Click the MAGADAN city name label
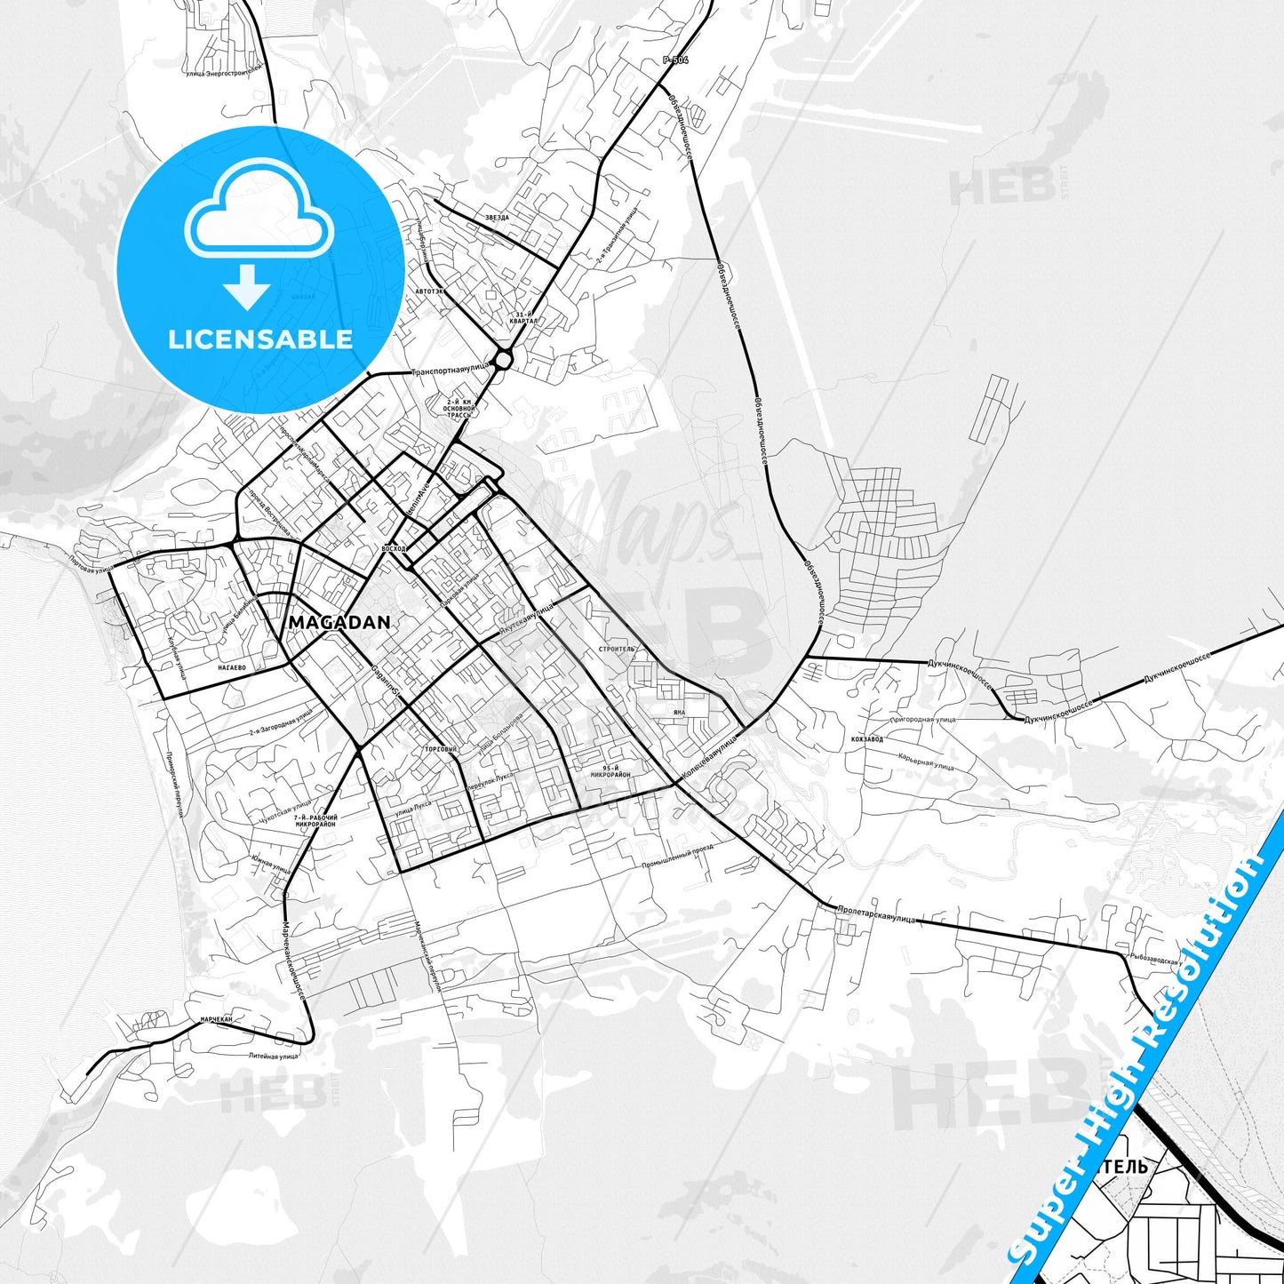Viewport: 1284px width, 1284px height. tap(339, 623)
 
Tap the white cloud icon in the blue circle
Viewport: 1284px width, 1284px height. tap(259, 213)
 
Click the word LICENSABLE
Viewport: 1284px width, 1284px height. tap(260, 339)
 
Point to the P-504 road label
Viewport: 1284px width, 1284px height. tap(675, 60)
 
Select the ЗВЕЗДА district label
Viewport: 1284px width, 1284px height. tap(498, 217)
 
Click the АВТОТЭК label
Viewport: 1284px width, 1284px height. tap(428, 291)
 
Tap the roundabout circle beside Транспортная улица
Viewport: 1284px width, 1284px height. tap(503, 360)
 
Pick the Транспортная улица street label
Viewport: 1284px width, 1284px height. tap(451, 370)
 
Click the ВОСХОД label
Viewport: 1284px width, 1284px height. tap(392, 548)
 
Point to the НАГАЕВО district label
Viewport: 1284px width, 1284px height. tap(231, 666)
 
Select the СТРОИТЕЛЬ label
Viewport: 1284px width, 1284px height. tap(618, 649)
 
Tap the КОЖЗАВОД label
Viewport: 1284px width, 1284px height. tap(866, 738)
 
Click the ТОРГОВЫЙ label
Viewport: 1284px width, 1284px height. tap(442, 749)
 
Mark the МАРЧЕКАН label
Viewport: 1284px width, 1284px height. tap(216, 1019)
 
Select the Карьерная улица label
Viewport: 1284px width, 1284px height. tap(926, 762)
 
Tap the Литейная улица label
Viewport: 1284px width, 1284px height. tap(273, 1056)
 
